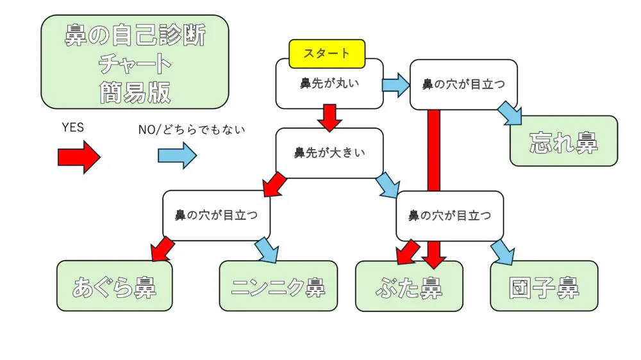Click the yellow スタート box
pyautogui.click(x=327, y=54)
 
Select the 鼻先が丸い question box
pyautogui.click(x=329, y=85)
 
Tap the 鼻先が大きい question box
pyautogui.click(x=329, y=153)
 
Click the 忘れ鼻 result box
pyautogui.click(x=563, y=142)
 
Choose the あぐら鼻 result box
pyautogui.click(x=114, y=286)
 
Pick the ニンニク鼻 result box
pyautogui.click(x=278, y=286)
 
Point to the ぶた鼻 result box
pyautogui.click(x=409, y=286)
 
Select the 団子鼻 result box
pyautogui.click(x=544, y=286)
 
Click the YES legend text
pyautogui.click(x=72, y=127)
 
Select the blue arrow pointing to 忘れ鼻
pyautogui.click(x=511, y=113)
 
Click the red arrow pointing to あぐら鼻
pyautogui.click(x=162, y=248)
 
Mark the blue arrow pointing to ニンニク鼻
pyautogui.click(x=265, y=249)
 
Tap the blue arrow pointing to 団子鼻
pyautogui.click(x=503, y=252)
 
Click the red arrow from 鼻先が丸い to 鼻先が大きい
pyautogui.click(x=329, y=117)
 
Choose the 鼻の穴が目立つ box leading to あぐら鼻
pyautogui.click(x=216, y=215)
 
